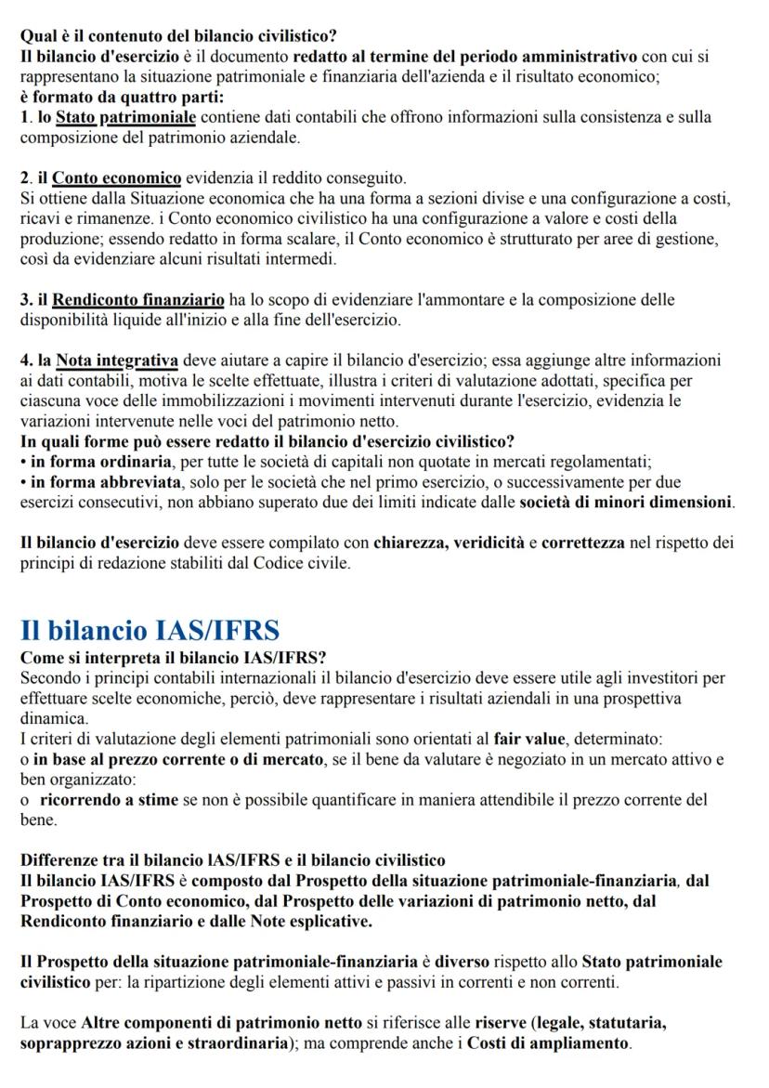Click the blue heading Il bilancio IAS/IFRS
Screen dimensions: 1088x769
coord(150,631)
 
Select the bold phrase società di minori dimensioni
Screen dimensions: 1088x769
coord(626,503)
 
